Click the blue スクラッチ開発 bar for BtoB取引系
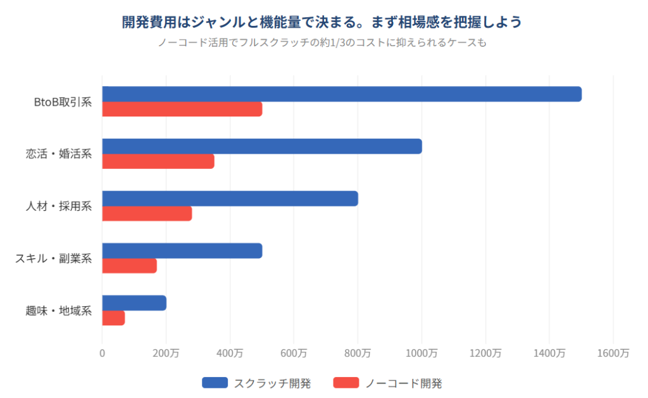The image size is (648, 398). pos(342,94)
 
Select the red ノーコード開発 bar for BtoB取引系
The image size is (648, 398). pos(182,109)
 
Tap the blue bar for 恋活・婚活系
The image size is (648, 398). pos(262,146)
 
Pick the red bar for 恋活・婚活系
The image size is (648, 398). pos(158,161)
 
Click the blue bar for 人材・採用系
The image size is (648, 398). pos(230,199)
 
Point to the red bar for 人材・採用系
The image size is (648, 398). pos(147,214)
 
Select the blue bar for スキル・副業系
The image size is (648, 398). pos(182,251)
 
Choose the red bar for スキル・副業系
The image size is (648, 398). pos(130,266)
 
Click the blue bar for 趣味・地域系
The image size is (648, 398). pos(134,303)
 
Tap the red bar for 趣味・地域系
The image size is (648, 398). pos(114,318)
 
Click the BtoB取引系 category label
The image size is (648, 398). pos(63,102)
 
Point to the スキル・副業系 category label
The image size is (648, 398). pos(54,259)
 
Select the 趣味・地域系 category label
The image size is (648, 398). pos(59,311)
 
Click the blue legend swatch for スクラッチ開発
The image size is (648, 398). pos(215,383)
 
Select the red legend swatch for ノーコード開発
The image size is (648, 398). pos(346,383)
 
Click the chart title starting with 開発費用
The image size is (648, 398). pos(322,22)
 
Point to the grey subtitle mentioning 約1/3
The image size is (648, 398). pos(322,44)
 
